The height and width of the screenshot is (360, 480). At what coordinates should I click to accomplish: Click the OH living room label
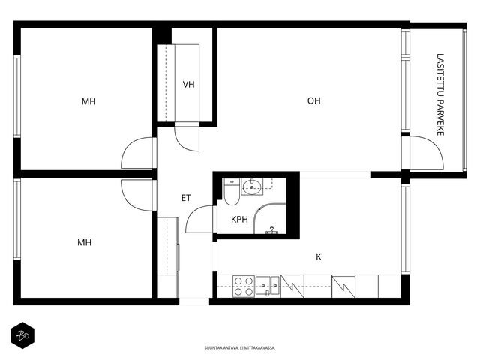[313, 100]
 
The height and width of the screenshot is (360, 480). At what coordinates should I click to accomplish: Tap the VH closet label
[188, 85]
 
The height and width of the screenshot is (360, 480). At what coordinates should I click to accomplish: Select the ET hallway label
[186, 198]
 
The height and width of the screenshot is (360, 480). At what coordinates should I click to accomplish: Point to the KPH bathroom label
[239, 220]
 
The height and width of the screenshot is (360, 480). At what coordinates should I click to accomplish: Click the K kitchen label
[319, 256]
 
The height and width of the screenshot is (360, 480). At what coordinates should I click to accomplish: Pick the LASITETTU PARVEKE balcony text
[440, 94]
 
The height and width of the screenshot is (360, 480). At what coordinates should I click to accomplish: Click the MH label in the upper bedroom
[88, 101]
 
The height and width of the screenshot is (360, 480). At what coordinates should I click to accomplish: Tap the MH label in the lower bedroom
[84, 242]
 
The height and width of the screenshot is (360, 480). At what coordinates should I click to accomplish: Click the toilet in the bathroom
[232, 192]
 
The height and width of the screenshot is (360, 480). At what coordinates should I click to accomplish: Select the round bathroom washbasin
[252, 187]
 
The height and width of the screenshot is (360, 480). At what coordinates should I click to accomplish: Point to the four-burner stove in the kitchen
[243, 286]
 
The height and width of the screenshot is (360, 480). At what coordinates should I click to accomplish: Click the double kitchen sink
[268, 286]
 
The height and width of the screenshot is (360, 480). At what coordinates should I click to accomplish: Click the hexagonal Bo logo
[22, 335]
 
